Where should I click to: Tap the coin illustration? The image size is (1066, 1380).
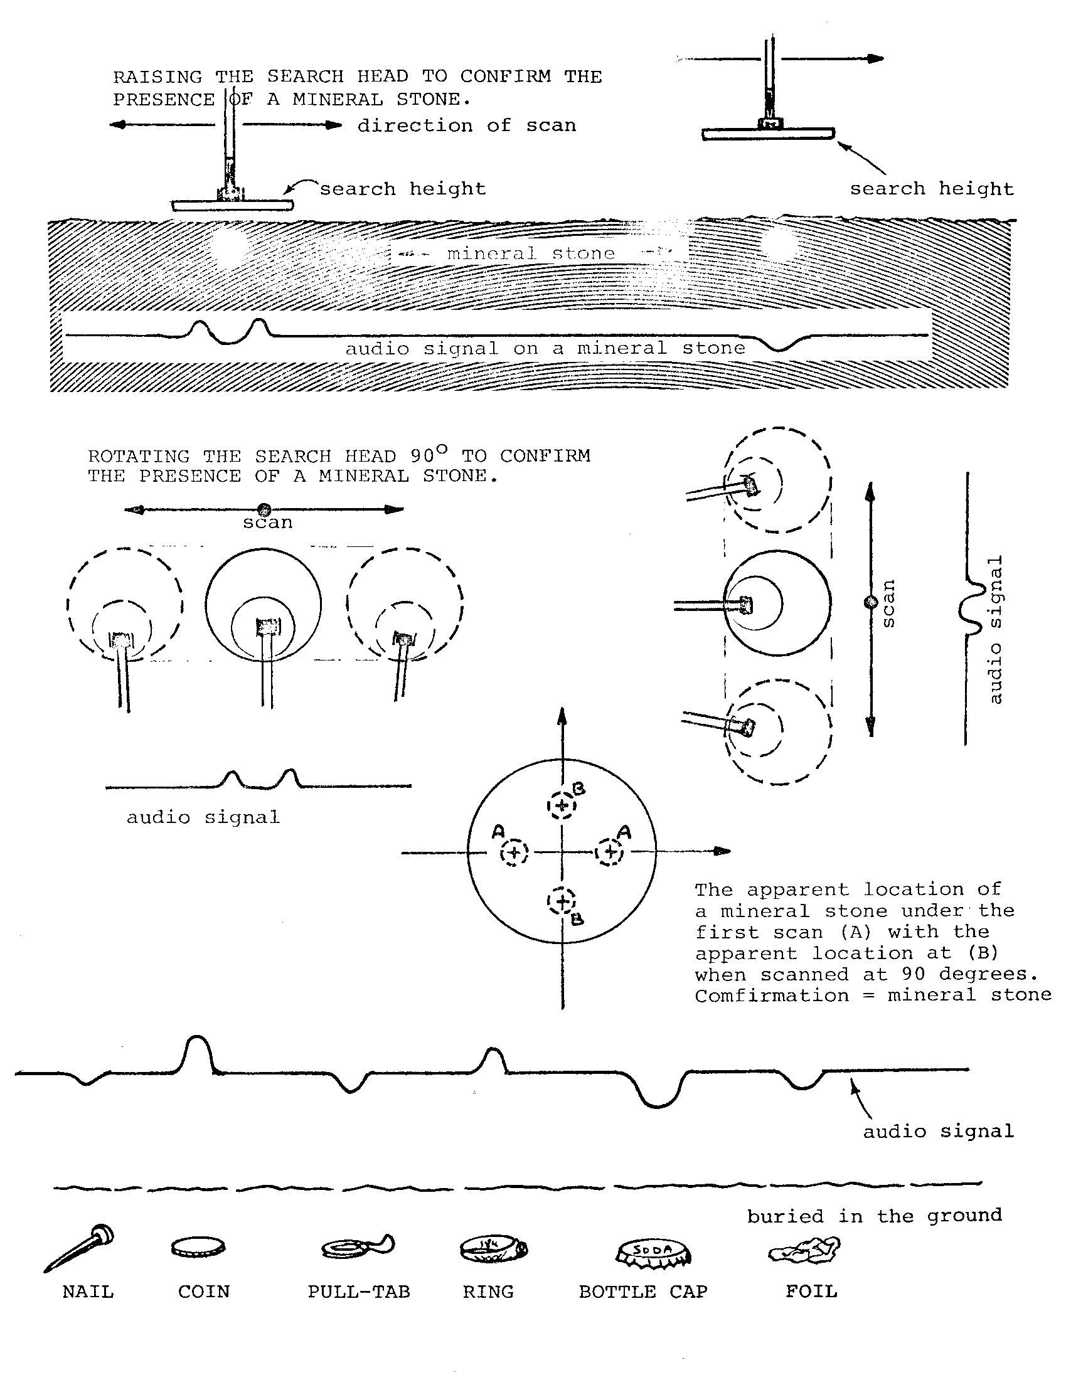tap(198, 1246)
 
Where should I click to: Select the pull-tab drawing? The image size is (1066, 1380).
tap(358, 1246)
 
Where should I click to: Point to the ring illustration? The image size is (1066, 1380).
tap(493, 1248)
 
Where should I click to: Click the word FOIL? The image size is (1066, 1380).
tap(811, 1291)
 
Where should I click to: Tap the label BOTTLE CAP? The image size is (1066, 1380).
tap(642, 1292)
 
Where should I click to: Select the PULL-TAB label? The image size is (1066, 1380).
tap(358, 1292)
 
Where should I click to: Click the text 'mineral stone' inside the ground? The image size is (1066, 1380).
tap(530, 253)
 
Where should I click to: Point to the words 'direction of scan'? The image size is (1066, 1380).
tap(466, 125)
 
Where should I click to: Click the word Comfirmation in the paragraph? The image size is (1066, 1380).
tap(772, 996)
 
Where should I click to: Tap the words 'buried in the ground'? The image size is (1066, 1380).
tap(874, 1216)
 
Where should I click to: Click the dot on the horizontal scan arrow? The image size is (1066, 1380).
tap(265, 509)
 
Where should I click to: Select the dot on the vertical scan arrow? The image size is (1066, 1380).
tap(871, 602)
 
